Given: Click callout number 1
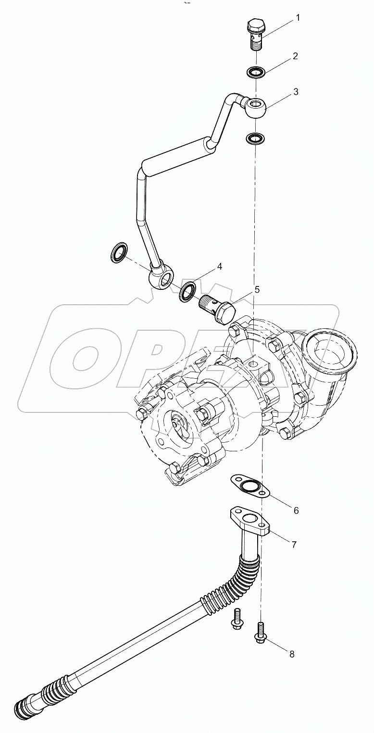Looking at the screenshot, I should (298, 18).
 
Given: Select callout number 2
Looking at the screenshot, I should (295, 56).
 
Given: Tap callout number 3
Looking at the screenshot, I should (296, 91).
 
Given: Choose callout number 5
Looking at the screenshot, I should (257, 289).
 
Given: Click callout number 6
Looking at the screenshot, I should (296, 510).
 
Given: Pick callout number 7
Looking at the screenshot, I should (293, 544).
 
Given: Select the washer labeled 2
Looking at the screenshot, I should (254, 73).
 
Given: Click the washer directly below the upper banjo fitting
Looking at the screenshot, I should (254, 138).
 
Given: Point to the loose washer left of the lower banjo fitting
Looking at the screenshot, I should (118, 252).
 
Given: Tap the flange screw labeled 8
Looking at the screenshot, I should (260, 633).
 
